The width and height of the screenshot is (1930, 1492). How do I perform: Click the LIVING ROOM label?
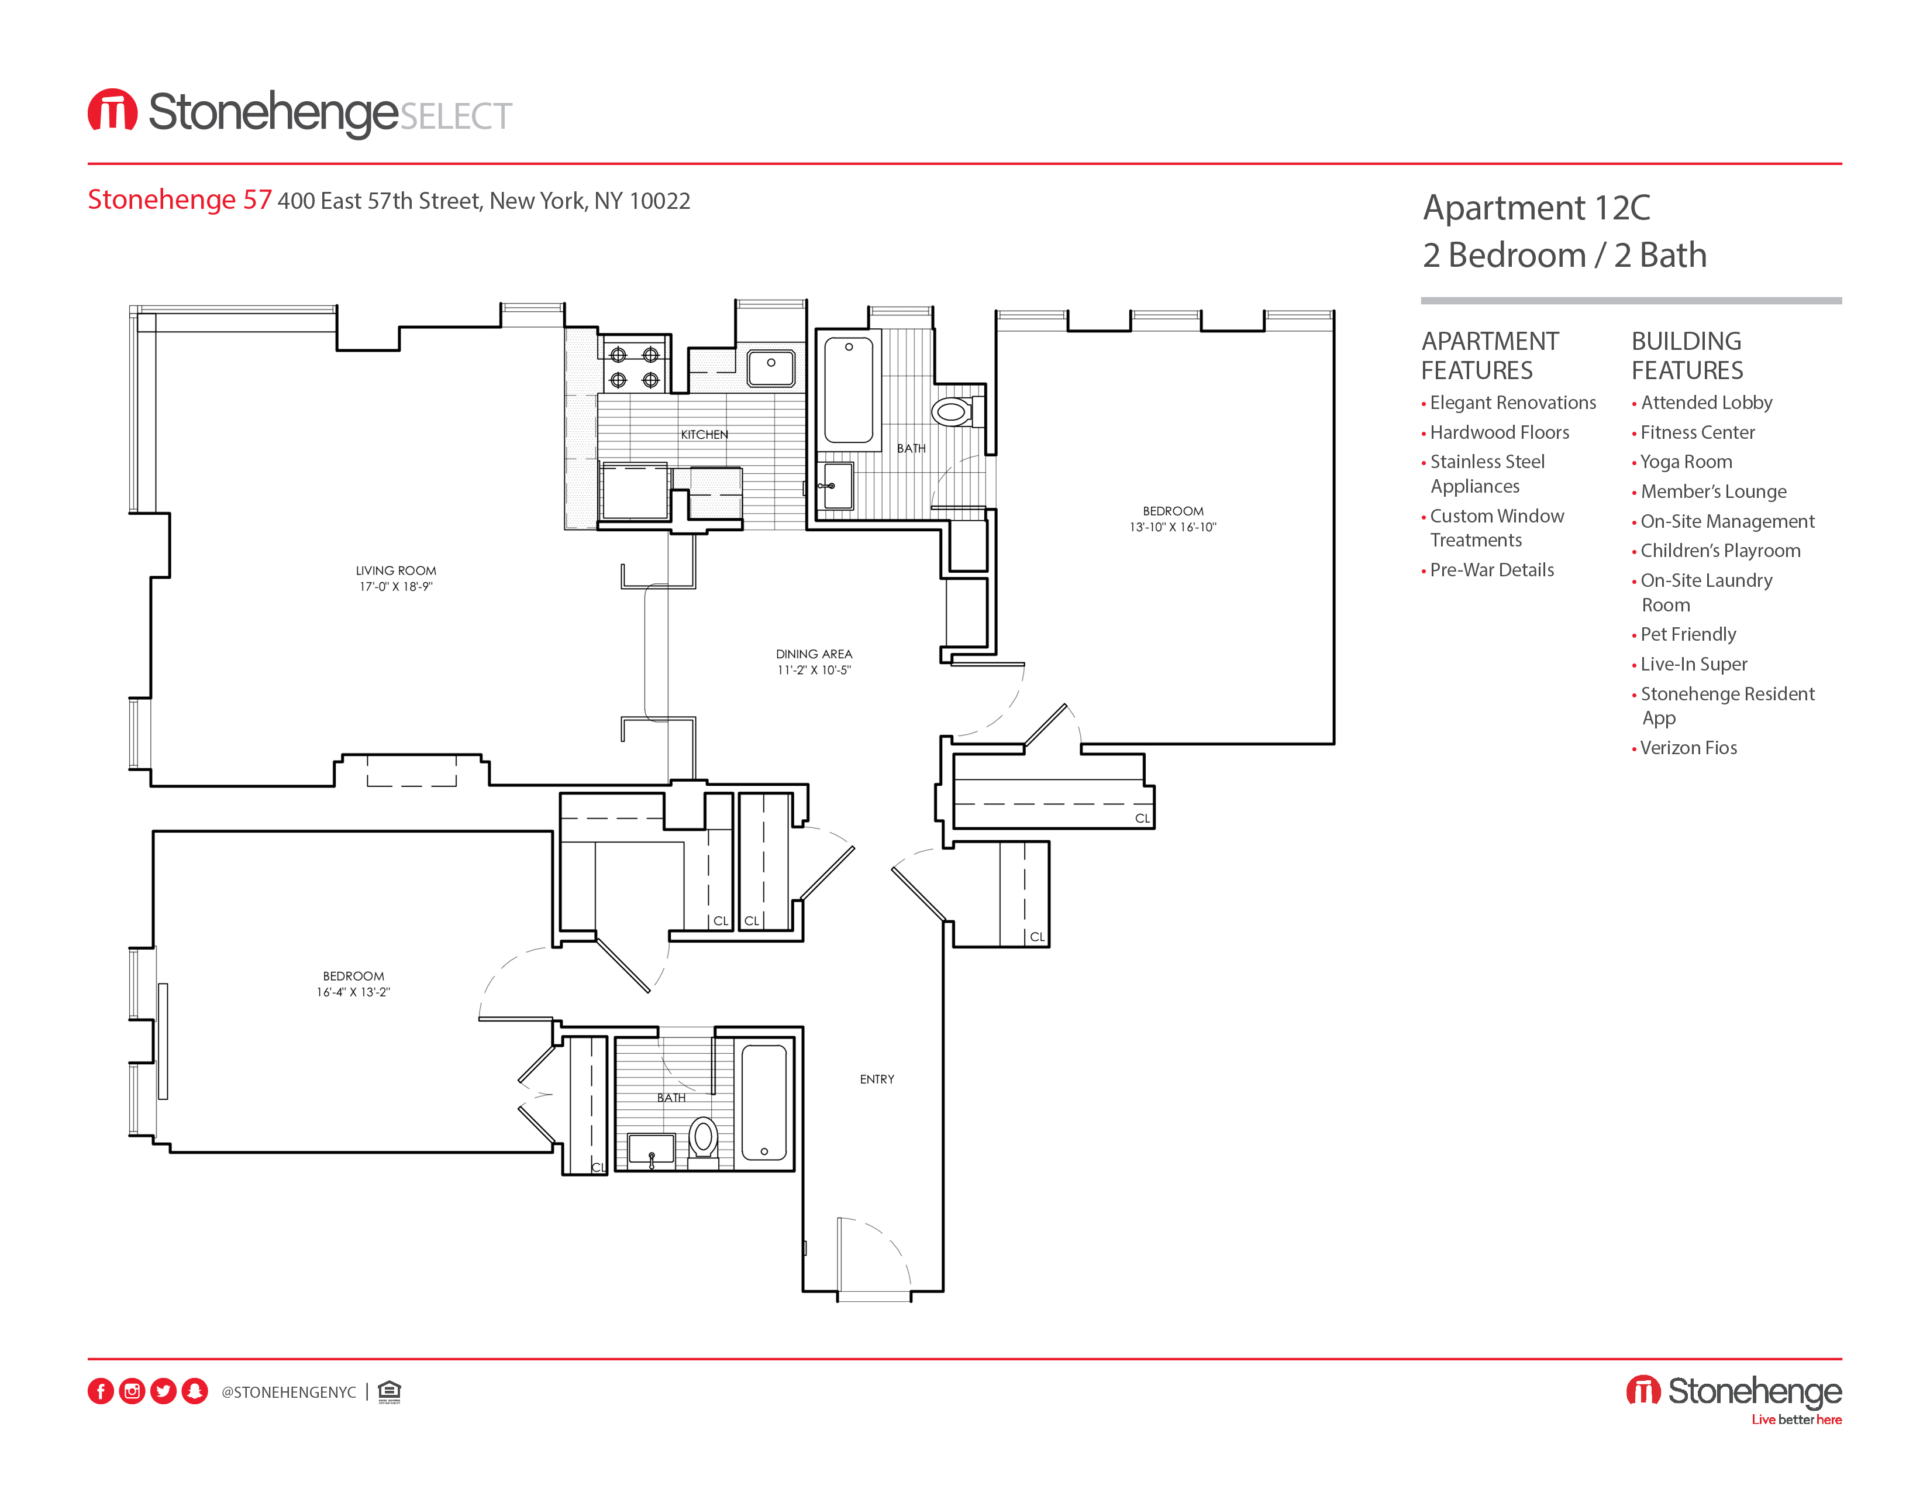pyautogui.click(x=396, y=571)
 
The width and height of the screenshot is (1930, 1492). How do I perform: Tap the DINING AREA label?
pyautogui.click(x=814, y=654)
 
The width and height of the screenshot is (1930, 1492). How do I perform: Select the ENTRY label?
pyautogui.click(x=877, y=1080)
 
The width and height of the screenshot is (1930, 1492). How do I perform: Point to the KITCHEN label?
pyautogui.click(x=704, y=435)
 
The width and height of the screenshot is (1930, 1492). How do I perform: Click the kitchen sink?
pyautogui.click(x=771, y=367)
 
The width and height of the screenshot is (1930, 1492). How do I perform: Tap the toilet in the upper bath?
pyautogui.click(x=952, y=412)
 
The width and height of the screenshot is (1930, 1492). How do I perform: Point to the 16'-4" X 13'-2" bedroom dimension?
pyautogui.click(x=353, y=992)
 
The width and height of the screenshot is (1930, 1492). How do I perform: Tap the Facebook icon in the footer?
pyautogui.click(x=101, y=1391)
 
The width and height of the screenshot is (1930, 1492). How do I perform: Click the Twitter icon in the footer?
pyautogui.click(x=164, y=1391)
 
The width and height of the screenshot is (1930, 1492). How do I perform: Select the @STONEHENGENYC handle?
pyautogui.click(x=288, y=1392)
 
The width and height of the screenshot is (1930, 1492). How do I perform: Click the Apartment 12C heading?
pyautogui.click(x=1536, y=208)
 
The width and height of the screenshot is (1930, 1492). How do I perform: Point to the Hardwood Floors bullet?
pyautogui.click(x=1499, y=432)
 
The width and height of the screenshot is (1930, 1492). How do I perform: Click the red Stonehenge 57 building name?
pyautogui.click(x=180, y=200)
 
